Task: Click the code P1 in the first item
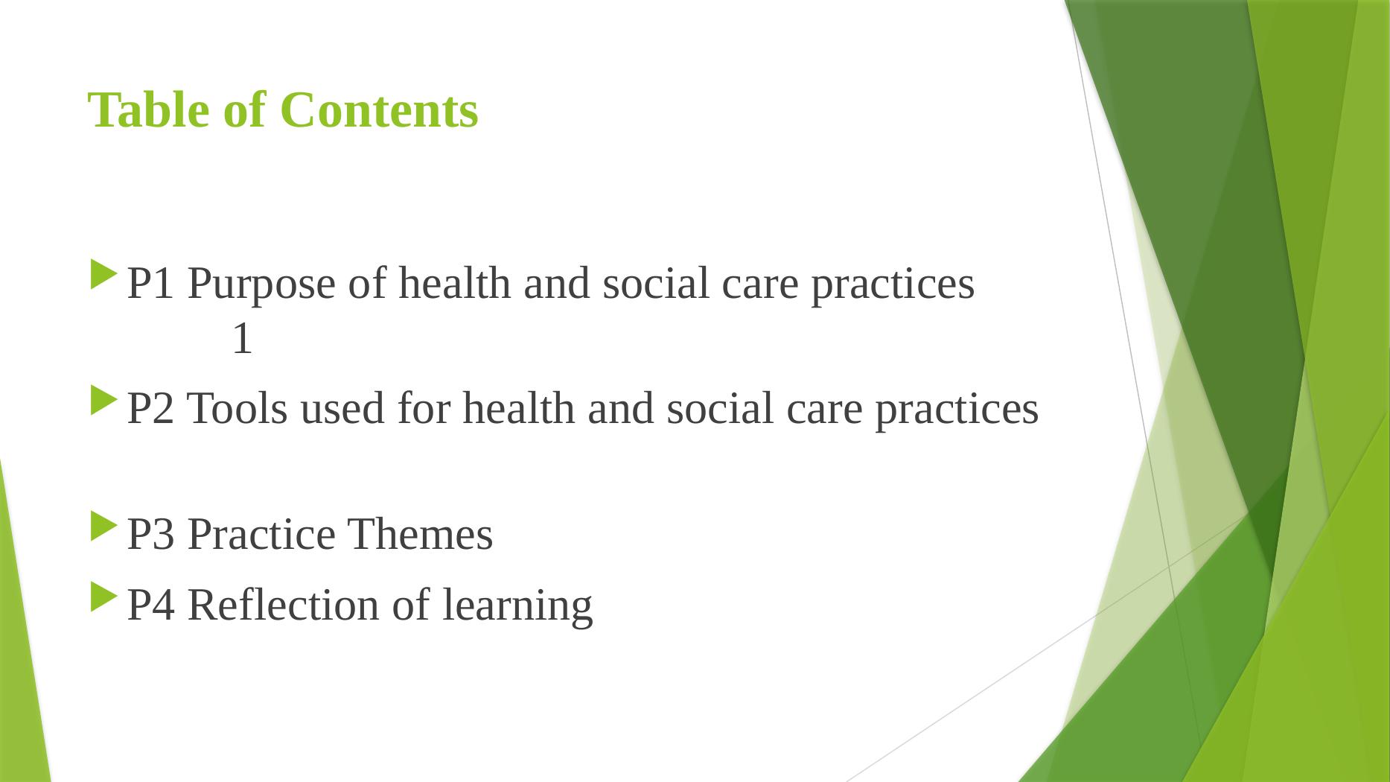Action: point(152,284)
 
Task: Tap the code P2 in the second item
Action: point(152,409)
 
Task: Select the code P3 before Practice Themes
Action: point(152,535)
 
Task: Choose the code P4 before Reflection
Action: point(152,605)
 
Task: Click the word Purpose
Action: point(263,285)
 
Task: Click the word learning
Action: point(517,606)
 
